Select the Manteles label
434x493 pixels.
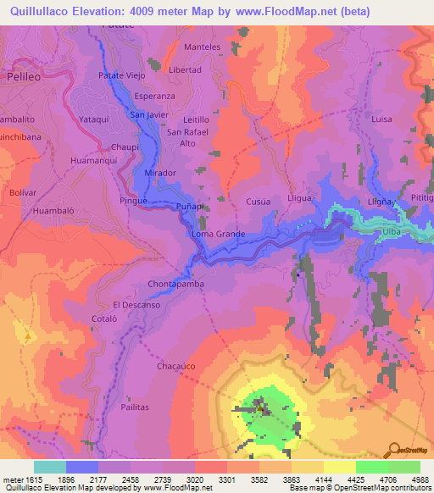click(202, 47)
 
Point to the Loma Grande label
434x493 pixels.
click(219, 234)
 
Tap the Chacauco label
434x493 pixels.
click(176, 367)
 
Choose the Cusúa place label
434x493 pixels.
click(258, 202)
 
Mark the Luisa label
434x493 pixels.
click(381, 119)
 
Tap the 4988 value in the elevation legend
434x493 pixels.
click(418, 479)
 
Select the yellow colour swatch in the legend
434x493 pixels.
click(339, 467)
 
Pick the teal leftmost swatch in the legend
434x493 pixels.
click(50, 467)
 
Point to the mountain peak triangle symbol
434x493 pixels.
click(27, 336)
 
